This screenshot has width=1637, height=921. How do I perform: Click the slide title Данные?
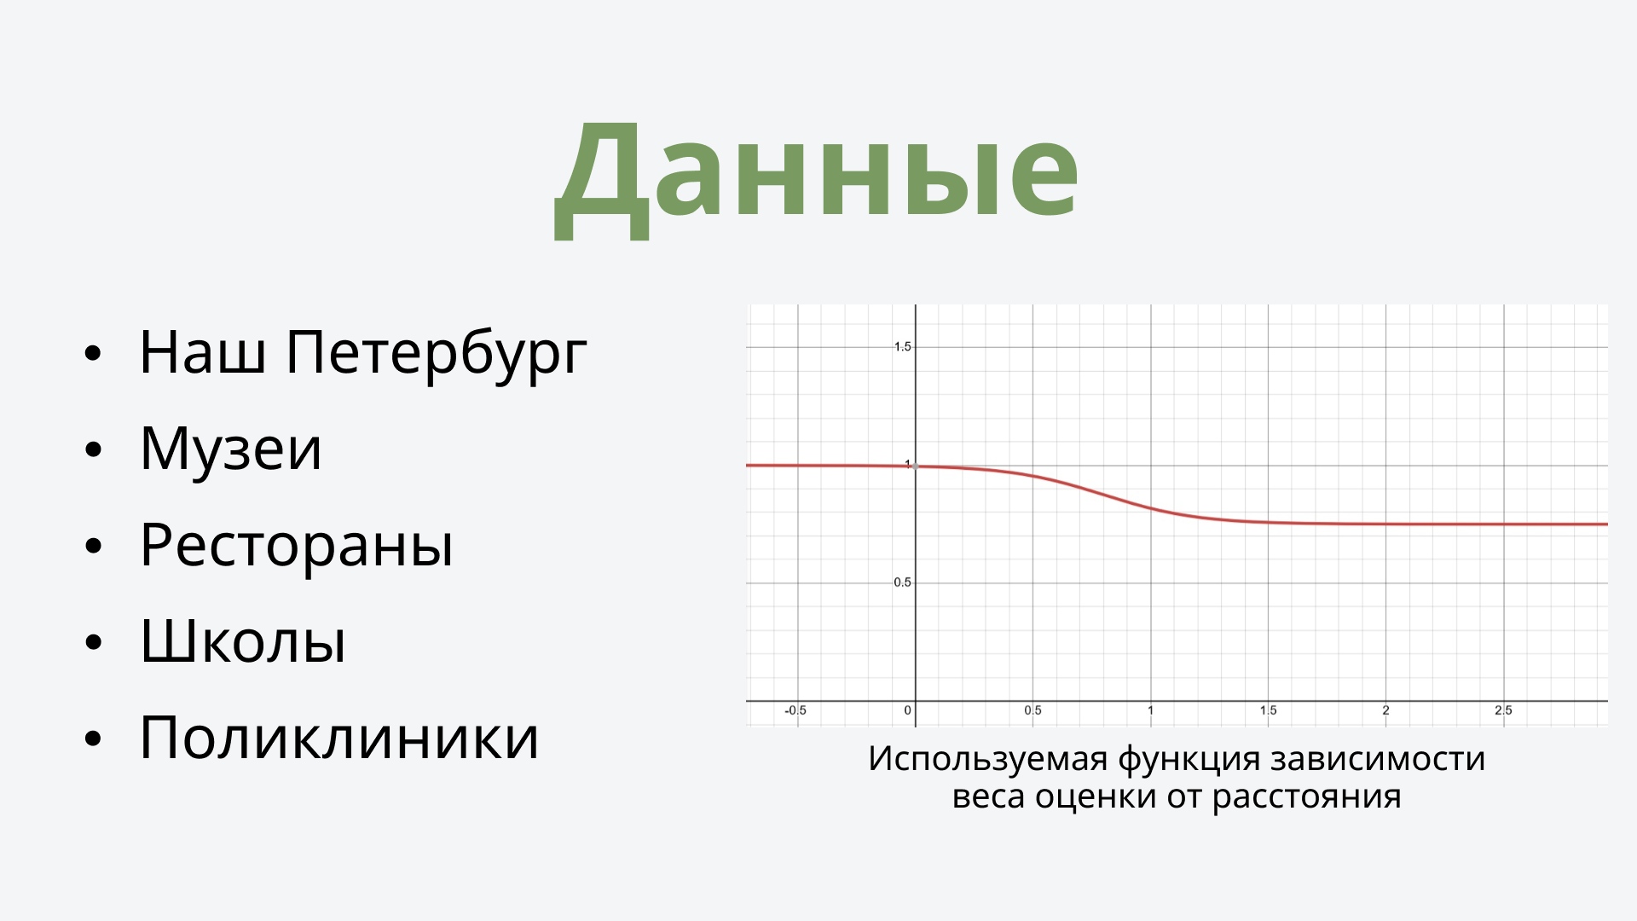click(817, 175)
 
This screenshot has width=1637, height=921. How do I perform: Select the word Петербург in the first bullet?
click(436, 351)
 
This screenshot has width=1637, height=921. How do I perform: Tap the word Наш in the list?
click(202, 351)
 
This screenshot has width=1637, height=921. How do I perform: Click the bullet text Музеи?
click(231, 448)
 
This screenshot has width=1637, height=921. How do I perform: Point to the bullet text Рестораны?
click(297, 544)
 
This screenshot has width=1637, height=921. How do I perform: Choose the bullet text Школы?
click(243, 640)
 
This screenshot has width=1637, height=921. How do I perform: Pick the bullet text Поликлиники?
click(339, 737)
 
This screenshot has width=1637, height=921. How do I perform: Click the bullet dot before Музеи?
click(93, 449)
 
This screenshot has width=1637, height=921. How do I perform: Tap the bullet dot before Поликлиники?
click(93, 739)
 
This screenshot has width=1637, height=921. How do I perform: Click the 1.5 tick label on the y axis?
click(902, 346)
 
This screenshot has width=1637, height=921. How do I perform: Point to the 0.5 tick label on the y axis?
click(902, 582)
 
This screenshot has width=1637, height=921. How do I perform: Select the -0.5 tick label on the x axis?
click(795, 710)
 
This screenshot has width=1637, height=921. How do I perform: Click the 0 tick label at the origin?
click(907, 710)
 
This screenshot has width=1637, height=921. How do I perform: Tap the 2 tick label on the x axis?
click(1385, 710)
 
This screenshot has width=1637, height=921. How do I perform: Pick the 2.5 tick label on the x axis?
click(1503, 710)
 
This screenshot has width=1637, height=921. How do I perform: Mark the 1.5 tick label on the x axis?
click(1268, 710)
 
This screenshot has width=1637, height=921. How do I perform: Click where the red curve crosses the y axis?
click(916, 466)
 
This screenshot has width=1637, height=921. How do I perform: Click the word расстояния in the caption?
click(1306, 796)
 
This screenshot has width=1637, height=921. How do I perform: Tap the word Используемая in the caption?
click(988, 758)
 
